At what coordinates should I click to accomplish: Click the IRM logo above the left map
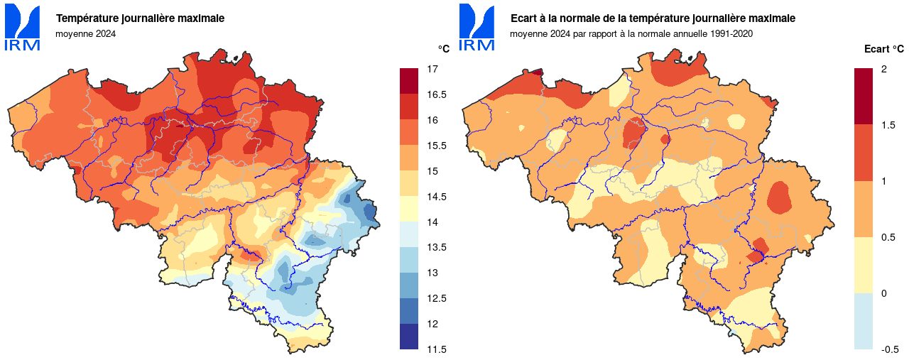click(22, 28)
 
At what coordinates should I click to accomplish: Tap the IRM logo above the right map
click(477, 28)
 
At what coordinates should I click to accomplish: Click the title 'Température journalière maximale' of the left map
click(140, 18)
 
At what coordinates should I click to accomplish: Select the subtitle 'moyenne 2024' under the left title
click(85, 33)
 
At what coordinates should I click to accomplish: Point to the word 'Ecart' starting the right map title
click(523, 18)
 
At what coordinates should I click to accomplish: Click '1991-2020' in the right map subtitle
click(730, 33)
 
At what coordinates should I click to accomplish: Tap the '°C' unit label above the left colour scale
click(443, 49)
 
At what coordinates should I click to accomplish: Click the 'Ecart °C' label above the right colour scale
click(883, 49)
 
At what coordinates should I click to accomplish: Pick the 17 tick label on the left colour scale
click(432, 69)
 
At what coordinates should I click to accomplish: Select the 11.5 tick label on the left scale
click(435, 349)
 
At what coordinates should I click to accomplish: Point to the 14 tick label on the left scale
click(432, 222)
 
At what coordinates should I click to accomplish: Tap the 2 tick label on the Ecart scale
click(883, 69)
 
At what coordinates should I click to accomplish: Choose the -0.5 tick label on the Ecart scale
click(889, 349)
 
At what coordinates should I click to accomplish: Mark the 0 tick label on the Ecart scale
click(883, 293)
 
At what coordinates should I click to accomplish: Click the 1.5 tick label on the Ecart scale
click(888, 125)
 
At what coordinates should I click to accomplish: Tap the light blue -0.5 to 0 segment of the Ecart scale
click(863, 321)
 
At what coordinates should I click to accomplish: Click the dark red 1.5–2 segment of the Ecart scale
click(863, 97)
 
